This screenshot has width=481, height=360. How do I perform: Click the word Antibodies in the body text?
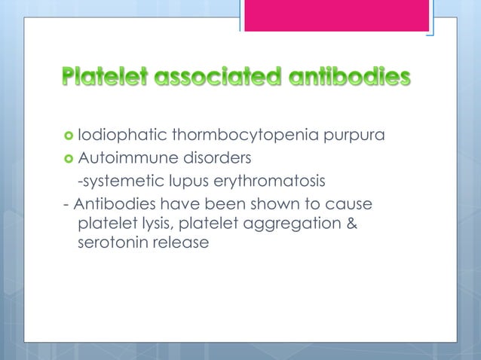pos(114,204)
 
